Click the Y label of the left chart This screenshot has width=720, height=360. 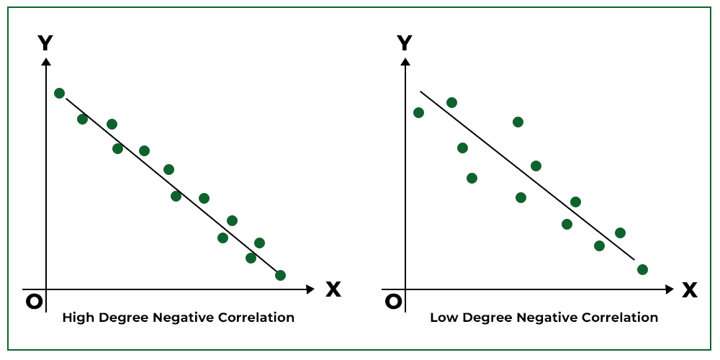(45, 43)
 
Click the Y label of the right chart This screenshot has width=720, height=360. (405, 43)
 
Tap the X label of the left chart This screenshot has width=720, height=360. (333, 289)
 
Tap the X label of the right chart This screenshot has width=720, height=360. (690, 289)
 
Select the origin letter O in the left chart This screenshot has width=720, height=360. (34, 302)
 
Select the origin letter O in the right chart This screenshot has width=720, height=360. (393, 302)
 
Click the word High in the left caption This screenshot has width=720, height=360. (76, 318)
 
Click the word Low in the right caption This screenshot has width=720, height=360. (442, 318)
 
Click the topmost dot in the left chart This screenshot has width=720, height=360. (59, 93)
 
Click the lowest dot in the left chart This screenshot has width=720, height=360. (280, 275)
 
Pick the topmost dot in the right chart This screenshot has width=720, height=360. (451, 102)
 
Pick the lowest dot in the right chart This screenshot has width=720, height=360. (642, 269)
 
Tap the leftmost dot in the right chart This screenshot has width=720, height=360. (418, 112)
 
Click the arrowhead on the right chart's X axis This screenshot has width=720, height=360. (670, 289)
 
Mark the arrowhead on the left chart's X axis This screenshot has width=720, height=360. (311, 289)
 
